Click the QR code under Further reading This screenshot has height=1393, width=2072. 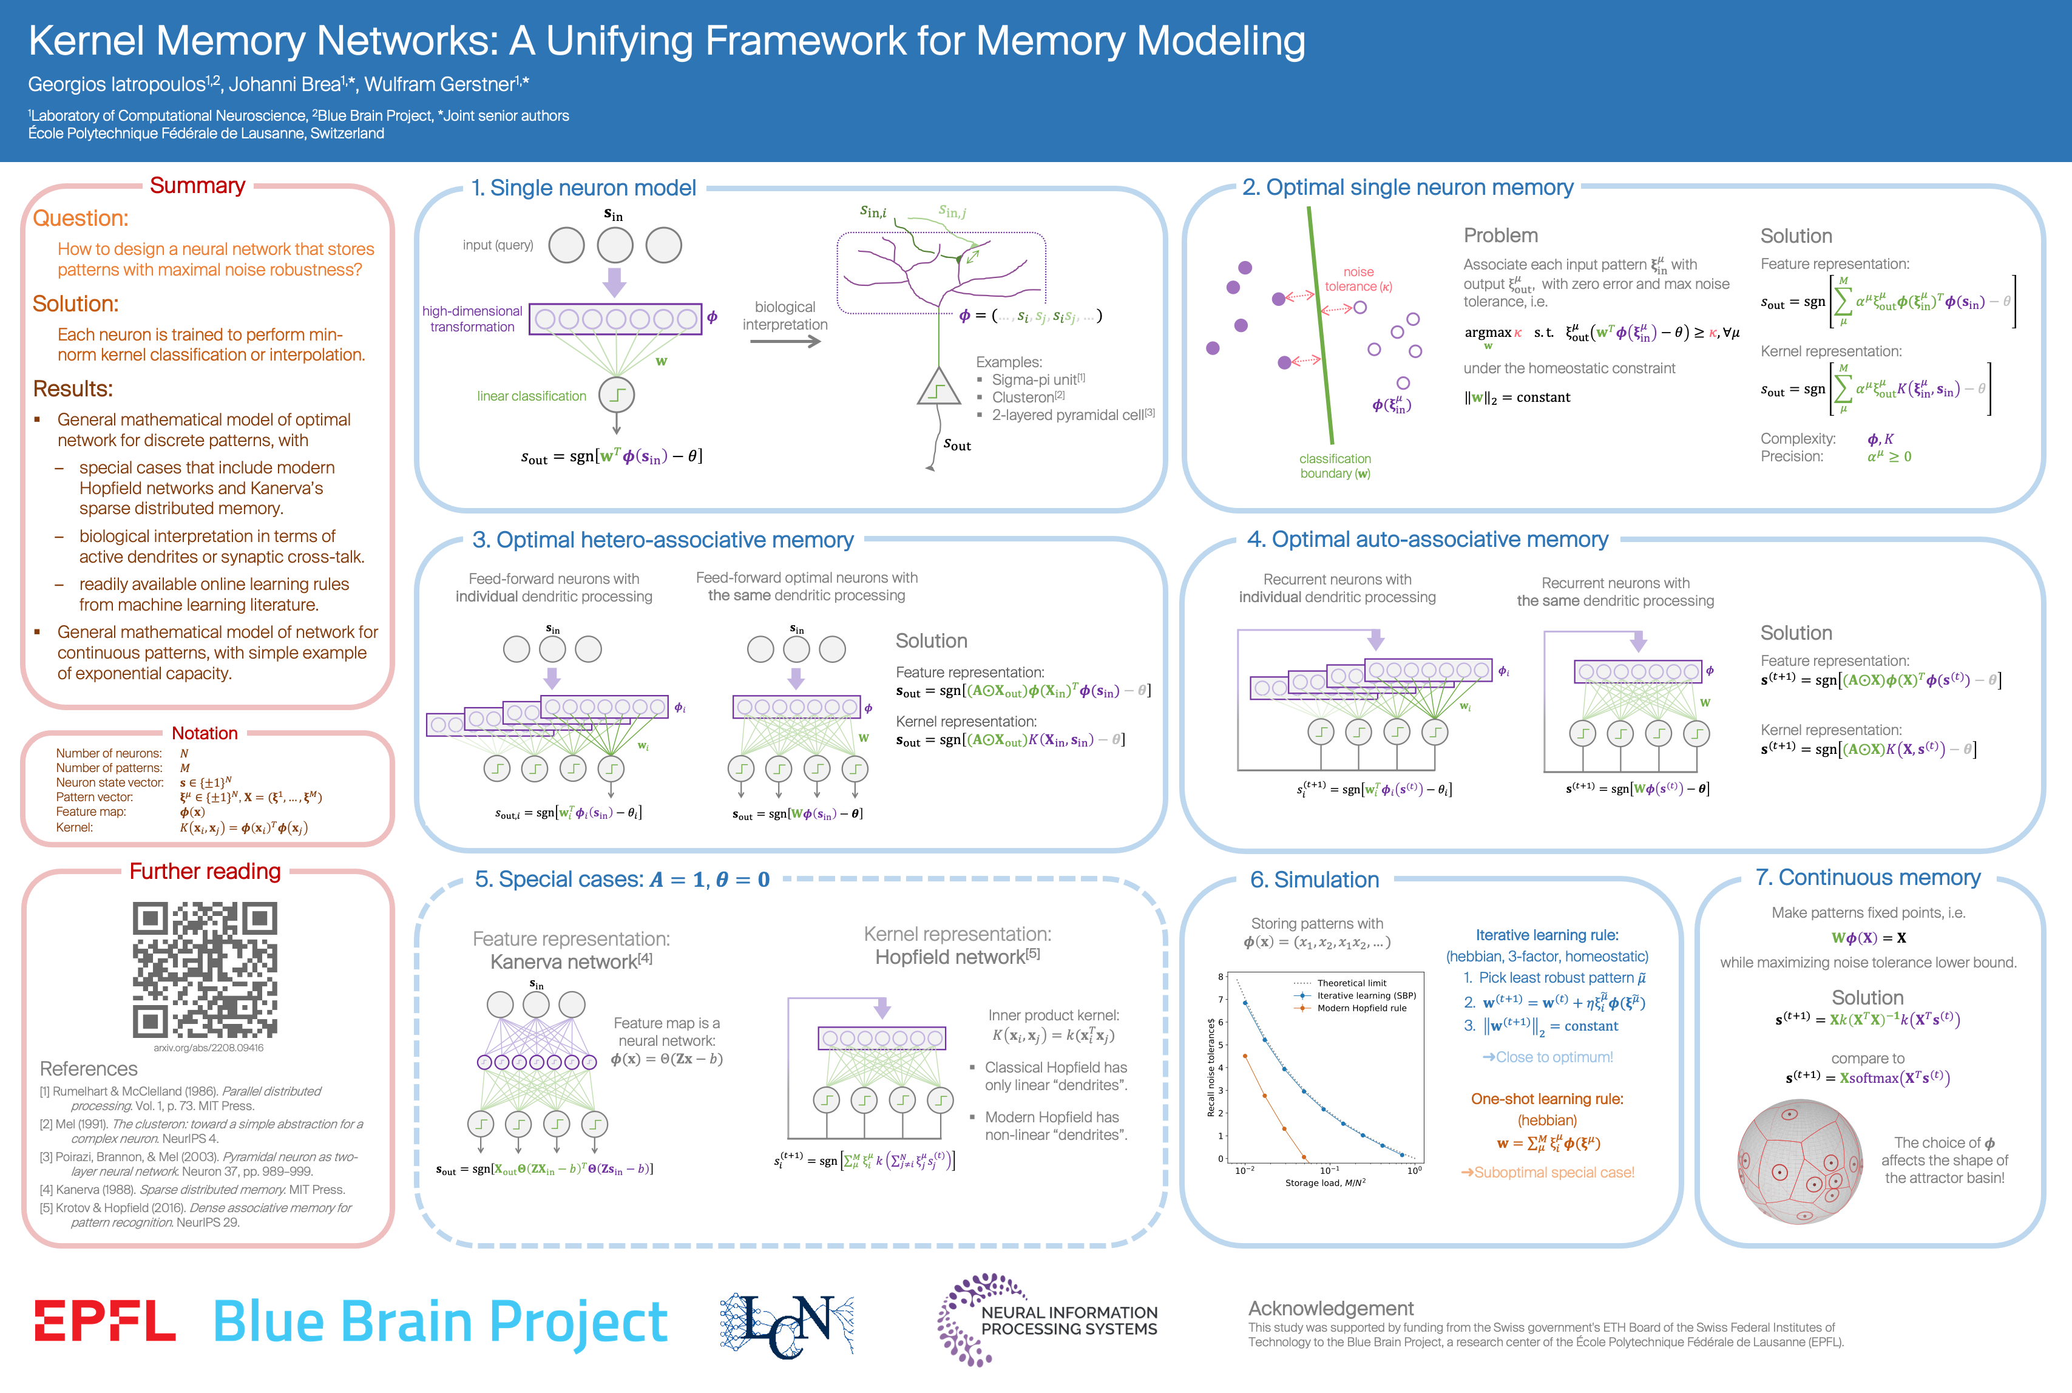205,969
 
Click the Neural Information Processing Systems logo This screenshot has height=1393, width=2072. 1048,1320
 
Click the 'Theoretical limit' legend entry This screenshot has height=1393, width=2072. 1351,983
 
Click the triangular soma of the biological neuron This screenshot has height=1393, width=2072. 938,388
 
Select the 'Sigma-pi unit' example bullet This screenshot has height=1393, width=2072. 1037,379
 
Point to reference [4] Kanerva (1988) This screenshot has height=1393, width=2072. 192,1190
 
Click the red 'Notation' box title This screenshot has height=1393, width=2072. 205,733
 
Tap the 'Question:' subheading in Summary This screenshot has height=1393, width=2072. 80,219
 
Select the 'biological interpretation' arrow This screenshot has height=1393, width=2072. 785,341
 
